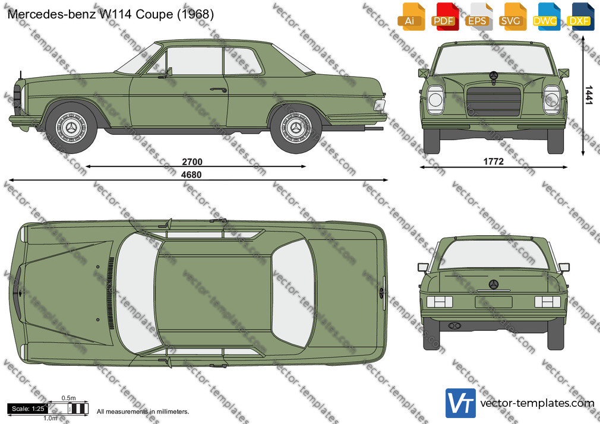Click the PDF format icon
(x=444, y=17)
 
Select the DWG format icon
(x=545, y=17)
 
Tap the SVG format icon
(x=511, y=17)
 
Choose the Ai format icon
(x=410, y=17)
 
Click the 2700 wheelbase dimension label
(x=192, y=162)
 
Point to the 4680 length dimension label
(x=191, y=175)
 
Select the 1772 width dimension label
(x=493, y=162)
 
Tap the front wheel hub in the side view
(x=71, y=128)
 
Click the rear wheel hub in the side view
(x=296, y=128)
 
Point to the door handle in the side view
(x=218, y=90)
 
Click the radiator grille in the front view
(x=494, y=102)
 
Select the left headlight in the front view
(x=435, y=100)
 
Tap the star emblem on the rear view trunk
(x=494, y=284)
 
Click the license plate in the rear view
(x=494, y=302)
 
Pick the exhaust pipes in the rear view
(x=454, y=325)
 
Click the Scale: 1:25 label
(x=28, y=409)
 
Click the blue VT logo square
(x=461, y=403)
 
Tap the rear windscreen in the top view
(x=293, y=293)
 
